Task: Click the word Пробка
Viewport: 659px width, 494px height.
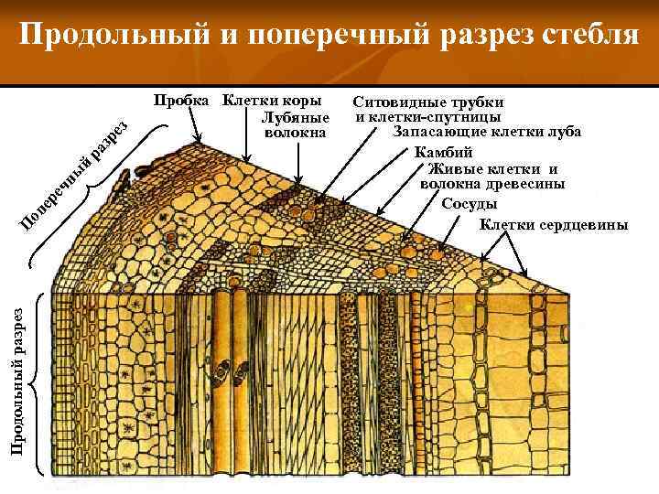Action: [x=182, y=100]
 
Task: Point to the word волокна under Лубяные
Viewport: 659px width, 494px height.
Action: [x=295, y=134]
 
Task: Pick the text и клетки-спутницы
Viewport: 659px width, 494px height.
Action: [x=428, y=117]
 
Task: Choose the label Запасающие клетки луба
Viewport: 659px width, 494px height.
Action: [x=487, y=132]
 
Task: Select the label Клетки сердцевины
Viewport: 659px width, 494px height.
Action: [x=554, y=224]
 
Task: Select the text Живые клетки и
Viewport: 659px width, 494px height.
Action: [x=492, y=168]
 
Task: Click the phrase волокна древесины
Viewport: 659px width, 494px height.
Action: [x=492, y=185]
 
